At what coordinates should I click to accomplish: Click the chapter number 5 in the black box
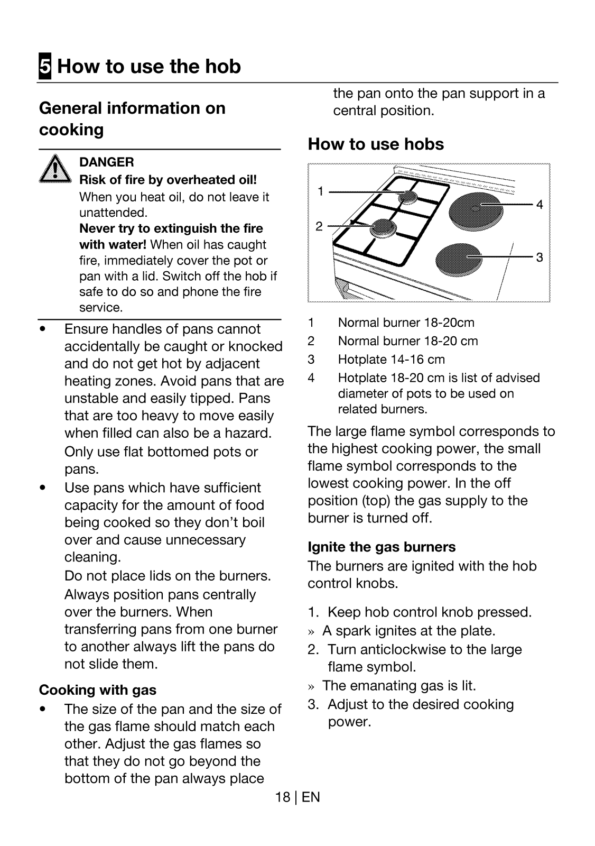(45, 67)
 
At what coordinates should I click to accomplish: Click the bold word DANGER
(106, 162)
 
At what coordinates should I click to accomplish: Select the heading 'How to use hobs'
(376, 144)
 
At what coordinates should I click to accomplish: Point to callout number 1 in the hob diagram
(320, 191)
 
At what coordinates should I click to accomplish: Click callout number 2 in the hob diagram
(319, 226)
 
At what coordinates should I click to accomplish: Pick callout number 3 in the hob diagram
(539, 258)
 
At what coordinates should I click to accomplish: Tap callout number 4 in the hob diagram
(539, 205)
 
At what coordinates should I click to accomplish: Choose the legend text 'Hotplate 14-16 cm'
(391, 360)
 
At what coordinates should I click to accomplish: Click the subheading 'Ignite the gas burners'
(382, 547)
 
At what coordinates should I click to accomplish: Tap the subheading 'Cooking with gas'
(98, 690)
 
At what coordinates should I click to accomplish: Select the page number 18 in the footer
(282, 797)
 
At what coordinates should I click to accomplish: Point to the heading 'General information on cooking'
(132, 118)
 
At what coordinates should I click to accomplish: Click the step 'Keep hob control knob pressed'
(429, 612)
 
